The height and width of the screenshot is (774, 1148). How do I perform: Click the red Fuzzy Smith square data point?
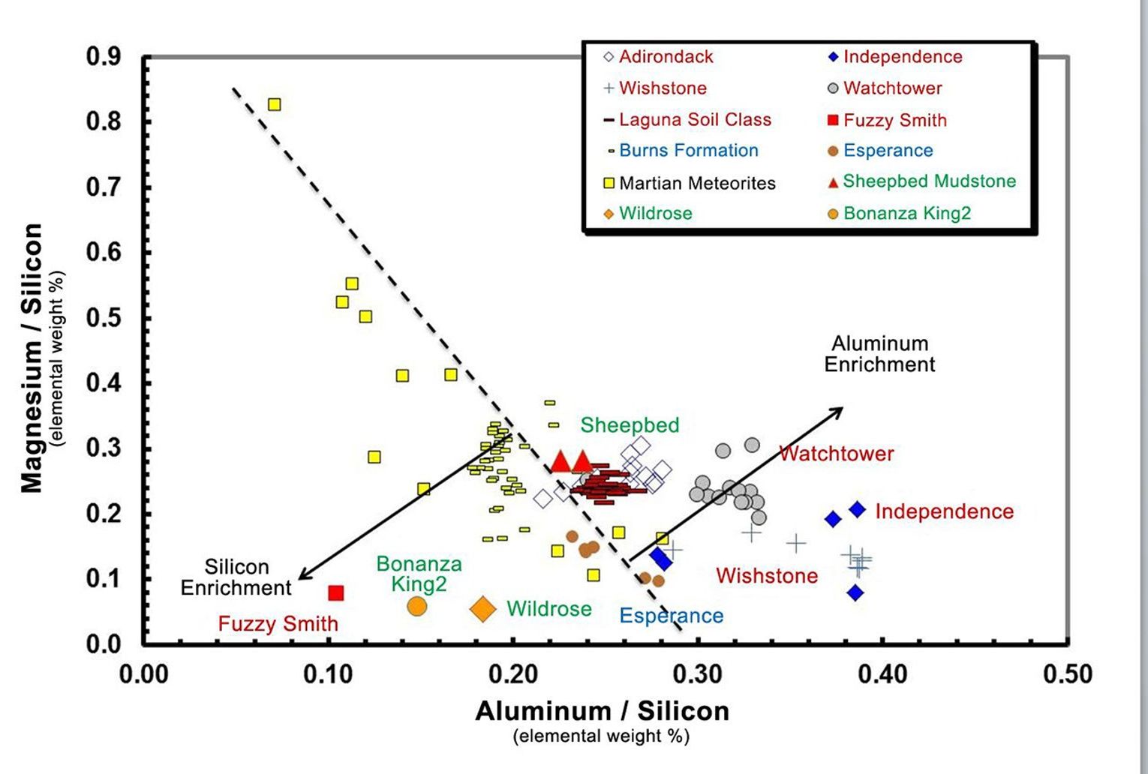tap(336, 593)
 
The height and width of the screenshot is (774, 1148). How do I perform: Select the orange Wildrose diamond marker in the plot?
tap(483, 609)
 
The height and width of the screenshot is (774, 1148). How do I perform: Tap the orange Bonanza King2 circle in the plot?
tap(417, 607)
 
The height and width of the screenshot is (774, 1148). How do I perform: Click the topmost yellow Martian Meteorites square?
tap(275, 104)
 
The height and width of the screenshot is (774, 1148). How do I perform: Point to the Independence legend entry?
tap(894, 57)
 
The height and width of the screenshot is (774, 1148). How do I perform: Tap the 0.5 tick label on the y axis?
tap(104, 318)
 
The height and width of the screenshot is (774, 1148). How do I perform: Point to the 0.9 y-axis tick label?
tap(104, 57)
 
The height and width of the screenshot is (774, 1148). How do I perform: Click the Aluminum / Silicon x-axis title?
tap(602, 711)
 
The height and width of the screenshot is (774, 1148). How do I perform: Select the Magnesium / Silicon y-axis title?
tap(32, 358)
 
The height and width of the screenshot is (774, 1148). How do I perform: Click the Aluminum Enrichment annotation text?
tap(879, 354)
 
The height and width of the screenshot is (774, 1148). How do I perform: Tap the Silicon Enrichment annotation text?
tap(236, 577)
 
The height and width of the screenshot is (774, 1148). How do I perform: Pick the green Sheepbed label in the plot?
tap(630, 425)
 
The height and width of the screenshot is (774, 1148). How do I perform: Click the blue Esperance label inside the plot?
tap(671, 616)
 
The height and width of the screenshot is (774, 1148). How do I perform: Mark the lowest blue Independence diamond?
tap(855, 592)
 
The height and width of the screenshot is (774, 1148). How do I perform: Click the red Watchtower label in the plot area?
tap(836, 454)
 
